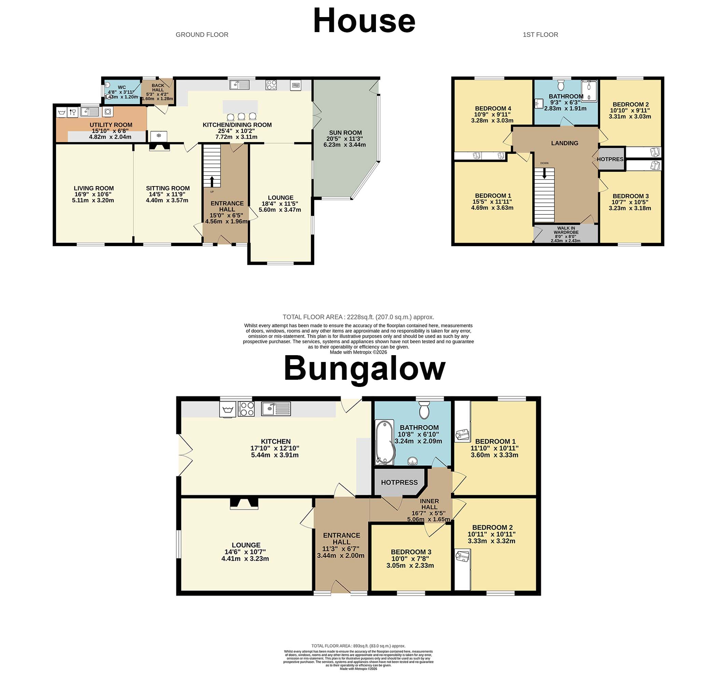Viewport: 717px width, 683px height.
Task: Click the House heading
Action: [x=364, y=21]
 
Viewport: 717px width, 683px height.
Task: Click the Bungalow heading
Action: [x=364, y=369]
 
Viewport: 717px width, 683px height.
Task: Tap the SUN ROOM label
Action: [x=345, y=133]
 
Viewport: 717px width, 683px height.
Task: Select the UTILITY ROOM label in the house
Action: [x=111, y=125]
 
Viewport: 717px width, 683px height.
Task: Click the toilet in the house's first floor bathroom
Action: [x=561, y=86]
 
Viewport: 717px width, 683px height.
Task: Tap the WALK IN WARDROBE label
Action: [x=566, y=230]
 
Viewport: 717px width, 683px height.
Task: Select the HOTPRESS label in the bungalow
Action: [x=399, y=483]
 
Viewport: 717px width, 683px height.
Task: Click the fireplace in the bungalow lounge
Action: [x=244, y=504]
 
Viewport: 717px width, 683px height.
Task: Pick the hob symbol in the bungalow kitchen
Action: [x=246, y=409]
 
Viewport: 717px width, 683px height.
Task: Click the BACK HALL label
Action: [x=158, y=88]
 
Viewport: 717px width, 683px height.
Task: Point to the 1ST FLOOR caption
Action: [x=540, y=35]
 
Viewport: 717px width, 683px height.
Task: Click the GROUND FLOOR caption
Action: [x=202, y=35]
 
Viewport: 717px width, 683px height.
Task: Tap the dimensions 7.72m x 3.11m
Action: [x=237, y=137]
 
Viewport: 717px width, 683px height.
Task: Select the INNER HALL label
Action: [x=429, y=504]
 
